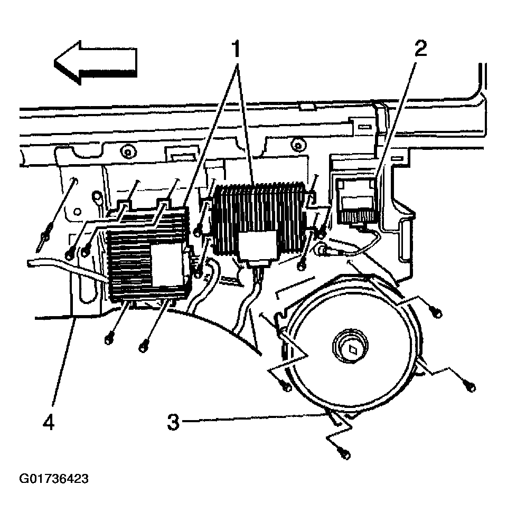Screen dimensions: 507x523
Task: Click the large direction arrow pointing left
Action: point(95,63)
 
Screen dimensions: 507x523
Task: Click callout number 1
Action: point(236,49)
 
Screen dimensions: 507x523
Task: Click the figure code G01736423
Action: point(54,479)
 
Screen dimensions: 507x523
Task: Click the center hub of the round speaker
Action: point(350,347)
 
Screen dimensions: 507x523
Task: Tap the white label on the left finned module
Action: point(168,265)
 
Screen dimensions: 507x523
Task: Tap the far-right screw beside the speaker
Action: point(471,387)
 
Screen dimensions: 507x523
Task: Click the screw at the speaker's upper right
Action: point(437,313)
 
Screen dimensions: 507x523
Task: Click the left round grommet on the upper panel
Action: point(127,152)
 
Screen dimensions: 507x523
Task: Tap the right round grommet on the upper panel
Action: point(296,144)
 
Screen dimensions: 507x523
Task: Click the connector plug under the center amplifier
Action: point(259,264)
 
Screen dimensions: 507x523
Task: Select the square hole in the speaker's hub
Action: point(352,349)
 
